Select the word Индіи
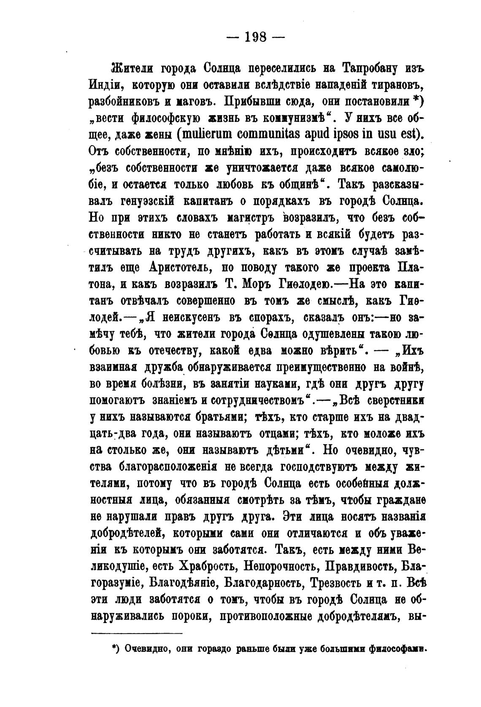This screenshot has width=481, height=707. (105, 84)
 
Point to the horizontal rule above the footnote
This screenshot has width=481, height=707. (137, 633)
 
